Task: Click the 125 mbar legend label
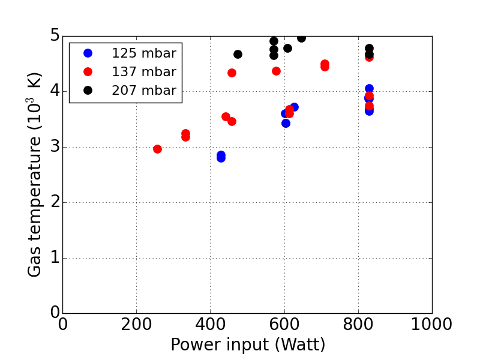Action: tap(143, 53)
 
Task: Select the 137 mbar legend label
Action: tap(143, 72)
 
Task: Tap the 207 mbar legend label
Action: tap(143, 91)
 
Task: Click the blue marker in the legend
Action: tap(88, 53)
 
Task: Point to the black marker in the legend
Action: tap(88, 90)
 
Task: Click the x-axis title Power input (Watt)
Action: tap(248, 345)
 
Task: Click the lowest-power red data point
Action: tap(157, 149)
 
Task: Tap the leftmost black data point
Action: tap(238, 54)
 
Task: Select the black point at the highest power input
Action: tap(369, 48)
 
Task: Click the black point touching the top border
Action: tap(301, 38)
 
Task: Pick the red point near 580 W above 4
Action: tap(276, 71)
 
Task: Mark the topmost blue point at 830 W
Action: tap(369, 88)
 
